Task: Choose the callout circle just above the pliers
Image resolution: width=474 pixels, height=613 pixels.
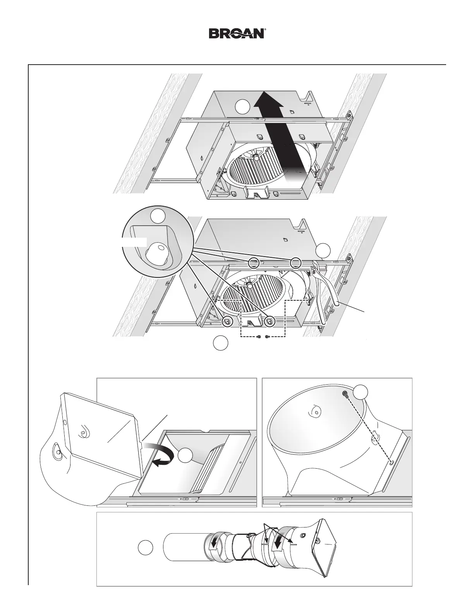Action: (x=323, y=250)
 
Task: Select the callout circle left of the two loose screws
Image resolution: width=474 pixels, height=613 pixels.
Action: (x=220, y=343)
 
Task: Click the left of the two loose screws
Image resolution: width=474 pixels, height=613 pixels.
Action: (x=259, y=337)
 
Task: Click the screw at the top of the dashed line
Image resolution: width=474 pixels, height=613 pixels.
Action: (x=345, y=394)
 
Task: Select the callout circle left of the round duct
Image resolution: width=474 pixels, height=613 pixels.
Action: (x=146, y=547)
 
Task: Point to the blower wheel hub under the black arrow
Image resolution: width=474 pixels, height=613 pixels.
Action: (x=256, y=157)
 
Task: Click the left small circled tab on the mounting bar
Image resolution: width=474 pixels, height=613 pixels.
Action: (x=254, y=263)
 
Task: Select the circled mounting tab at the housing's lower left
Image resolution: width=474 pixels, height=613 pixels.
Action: (x=227, y=321)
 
